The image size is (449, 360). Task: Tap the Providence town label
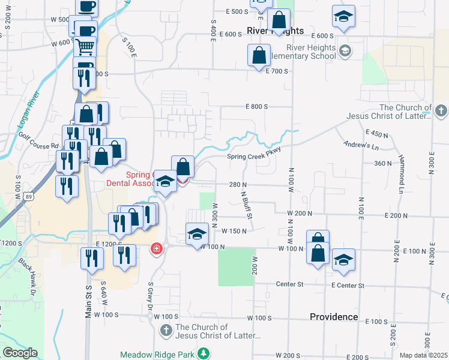click(x=334, y=317)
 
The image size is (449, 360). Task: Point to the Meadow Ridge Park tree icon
click(x=204, y=354)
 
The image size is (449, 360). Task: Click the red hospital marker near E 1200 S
click(x=157, y=247)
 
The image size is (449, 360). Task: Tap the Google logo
click(x=20, y=353)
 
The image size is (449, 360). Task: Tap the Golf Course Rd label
click(x=38, y=146)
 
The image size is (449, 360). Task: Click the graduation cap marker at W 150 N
click(x=197, y=235)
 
